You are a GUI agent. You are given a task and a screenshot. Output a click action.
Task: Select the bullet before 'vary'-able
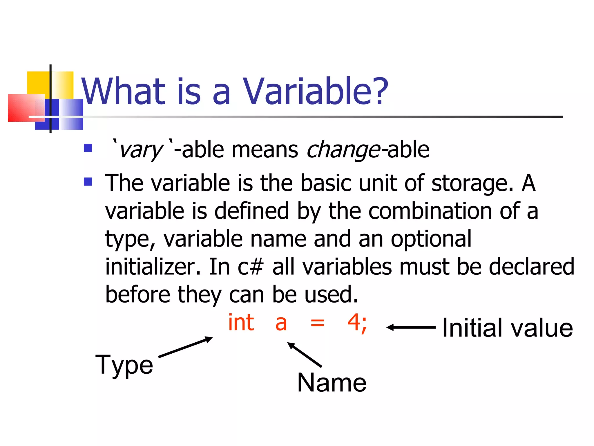[x=88, y=148]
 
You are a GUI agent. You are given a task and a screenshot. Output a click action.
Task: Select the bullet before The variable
[x=88, y=182]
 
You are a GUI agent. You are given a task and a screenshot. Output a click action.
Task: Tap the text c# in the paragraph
[x=250, y=267]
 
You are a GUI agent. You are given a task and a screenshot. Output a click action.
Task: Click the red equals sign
[x=317, y=323]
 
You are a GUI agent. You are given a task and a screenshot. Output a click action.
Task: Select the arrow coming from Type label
[x=186, y=347]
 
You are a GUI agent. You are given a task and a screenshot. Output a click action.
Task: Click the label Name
[x=332, y=383]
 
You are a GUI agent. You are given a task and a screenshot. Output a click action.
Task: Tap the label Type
[x=124, y=365]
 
